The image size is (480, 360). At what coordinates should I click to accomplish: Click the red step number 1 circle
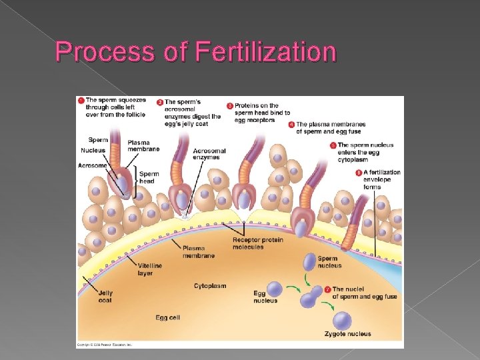tap(81, 101)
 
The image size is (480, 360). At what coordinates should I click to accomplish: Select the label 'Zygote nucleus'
tap(347, 333)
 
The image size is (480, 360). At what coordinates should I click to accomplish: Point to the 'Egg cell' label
tap(167, 317)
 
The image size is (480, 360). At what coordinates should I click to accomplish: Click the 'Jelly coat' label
tap(105, 296)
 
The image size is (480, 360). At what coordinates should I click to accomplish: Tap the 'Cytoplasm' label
tap(210, 286)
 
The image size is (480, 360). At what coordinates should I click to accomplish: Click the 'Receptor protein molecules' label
tap(258, 243)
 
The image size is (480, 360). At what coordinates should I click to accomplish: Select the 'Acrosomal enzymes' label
tap(209, 154)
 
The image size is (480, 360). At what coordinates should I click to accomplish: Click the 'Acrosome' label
tap(92, 165)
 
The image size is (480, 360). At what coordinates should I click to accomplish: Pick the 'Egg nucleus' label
tap(265, 297)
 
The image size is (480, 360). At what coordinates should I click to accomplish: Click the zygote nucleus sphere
tap(343, 320)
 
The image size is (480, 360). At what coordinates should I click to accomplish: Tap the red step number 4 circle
tap(291, 124)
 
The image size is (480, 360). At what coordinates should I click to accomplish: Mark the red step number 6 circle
tap(359, 172)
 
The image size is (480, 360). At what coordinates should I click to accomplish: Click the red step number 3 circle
tap(230, 105)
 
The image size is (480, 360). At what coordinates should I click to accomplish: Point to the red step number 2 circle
tap(160, 102)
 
